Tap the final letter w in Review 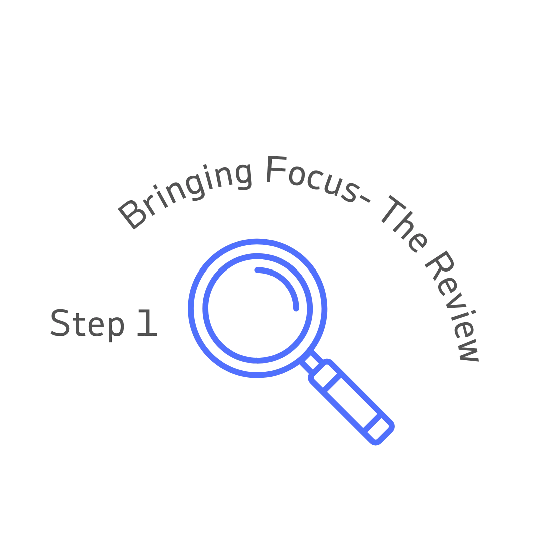click(469, 353)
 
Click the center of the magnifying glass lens click(256, 308)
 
